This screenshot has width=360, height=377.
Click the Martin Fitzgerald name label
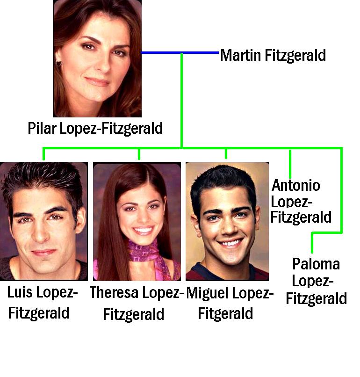click(x=273, y=55)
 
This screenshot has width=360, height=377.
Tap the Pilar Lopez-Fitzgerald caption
click(x=95, y=128)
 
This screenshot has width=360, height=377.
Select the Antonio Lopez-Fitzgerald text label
click(x=301, y=201)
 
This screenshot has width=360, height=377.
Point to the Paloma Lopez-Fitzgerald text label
click(x=316, y=281)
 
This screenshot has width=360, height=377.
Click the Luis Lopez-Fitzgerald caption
click(x=42, y=303)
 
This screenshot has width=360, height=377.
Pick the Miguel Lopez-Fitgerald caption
click(x=229, y=303)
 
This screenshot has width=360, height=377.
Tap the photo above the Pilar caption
click(x=97, y=58)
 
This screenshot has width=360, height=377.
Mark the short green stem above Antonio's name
click(x=290, y=164)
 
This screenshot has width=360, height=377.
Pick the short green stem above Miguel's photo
click(x=226, y=154)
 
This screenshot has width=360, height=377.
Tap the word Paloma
click(x=316, y=264)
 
